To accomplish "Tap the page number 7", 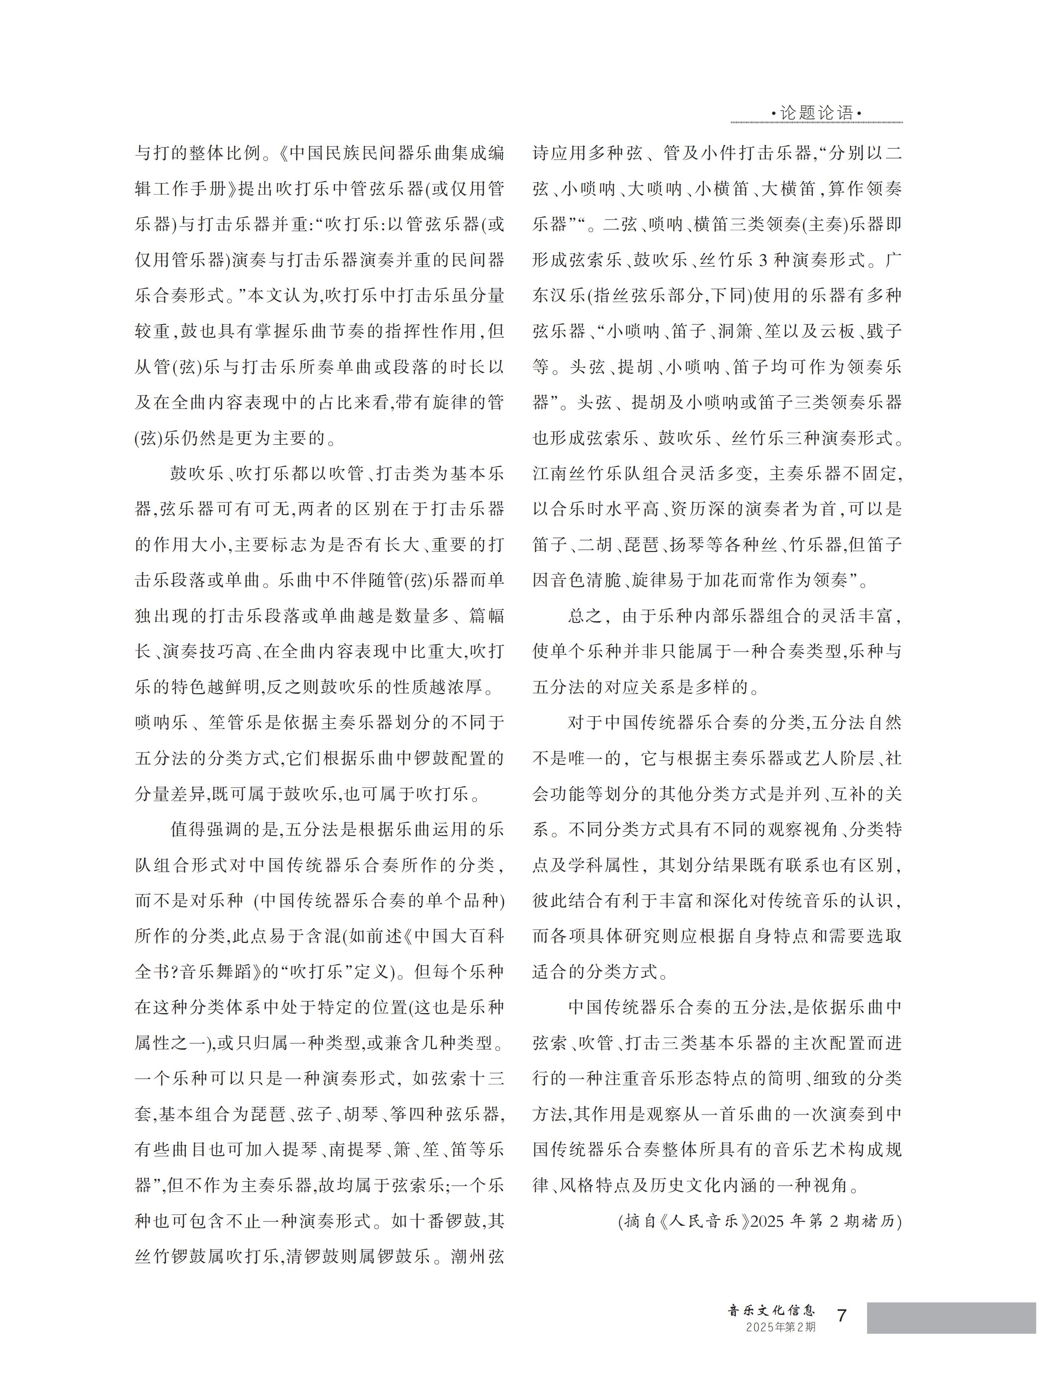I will click(x=842, y=1315).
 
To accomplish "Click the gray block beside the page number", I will click(x=951, y=1317).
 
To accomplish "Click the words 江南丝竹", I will click(x=569, y=473).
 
